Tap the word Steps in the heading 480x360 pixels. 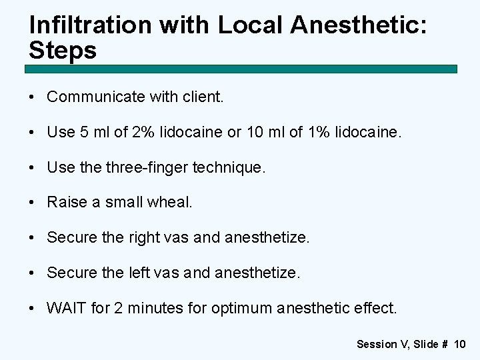pyautogui.click(x=63, y=50)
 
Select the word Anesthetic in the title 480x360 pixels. pyautogui.click(x=349, y=25)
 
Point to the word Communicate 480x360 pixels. pyautogui.click(x=96, y=97)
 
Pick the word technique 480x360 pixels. pyautogui.click(x=229, y=167)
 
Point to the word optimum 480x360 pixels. pyautogui.click(x=241, y=308)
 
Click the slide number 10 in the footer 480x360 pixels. pyautogui.click(x=459, y=344)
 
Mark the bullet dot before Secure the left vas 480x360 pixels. pyautogui.click(x=33, y=273)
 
